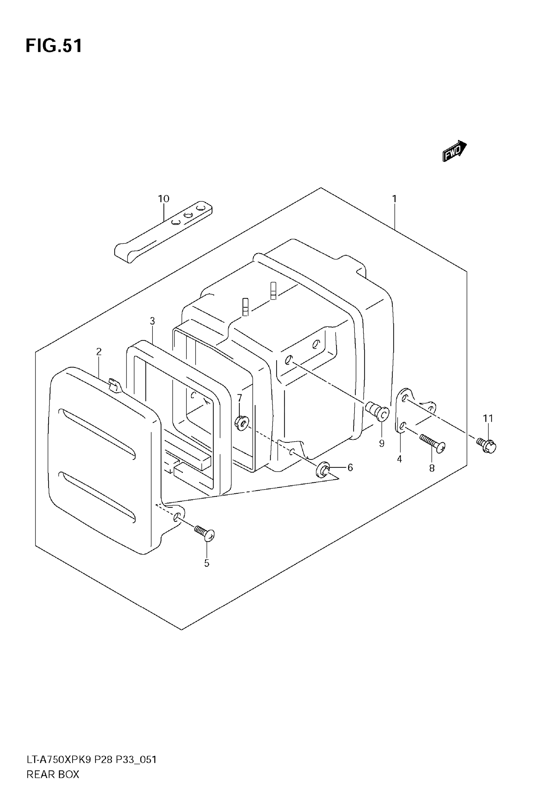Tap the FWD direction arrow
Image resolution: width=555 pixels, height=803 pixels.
click(x=454, y=151)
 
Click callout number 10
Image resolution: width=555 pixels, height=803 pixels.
click(x=164, y=199)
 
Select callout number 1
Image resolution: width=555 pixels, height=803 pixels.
click(x=394, y=199)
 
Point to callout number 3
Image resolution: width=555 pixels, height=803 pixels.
click(x=152, y=321)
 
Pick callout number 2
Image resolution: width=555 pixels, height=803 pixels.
click(x=99, y=352)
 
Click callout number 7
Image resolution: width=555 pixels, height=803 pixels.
click(x=239, y=397)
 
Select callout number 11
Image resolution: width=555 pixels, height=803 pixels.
click(x=488, y=418)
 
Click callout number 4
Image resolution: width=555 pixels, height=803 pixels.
click(x=399, y=459)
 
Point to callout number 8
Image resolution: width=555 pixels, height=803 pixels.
click(x=432, y=468)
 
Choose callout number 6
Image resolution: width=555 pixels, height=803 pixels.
click(x=350, y=467)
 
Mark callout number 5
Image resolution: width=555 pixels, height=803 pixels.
click(x=207, y=563)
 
